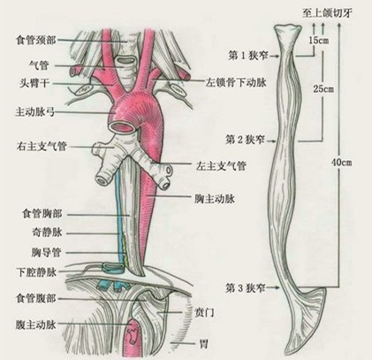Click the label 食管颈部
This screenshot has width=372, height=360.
click(x=35, y=40)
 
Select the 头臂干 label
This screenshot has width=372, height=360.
click(x=34, y=83)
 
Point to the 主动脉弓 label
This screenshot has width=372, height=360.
click(x=34, y=111)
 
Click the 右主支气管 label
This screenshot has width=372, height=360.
click(x=42, y=146)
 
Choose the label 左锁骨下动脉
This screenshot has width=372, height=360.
click(x=236, y=82)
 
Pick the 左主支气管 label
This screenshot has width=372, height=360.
click(x=221, y=166)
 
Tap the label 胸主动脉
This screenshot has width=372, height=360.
click(x=215, y=199)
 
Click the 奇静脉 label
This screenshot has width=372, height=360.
click(x=47, y=233)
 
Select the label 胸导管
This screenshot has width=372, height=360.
click(x=46, y=252)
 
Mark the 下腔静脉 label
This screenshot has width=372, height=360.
click(x=36, y=272)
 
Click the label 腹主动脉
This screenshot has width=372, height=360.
click(x=35, y=325)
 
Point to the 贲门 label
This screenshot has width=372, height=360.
click(x=205, y=313)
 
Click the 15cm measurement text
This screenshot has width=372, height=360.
click(x=319, y=41)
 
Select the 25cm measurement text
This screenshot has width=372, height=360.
click(x=323, y=88)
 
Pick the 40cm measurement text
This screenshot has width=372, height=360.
click(x=341, y=162)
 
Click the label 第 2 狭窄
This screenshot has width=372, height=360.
click(x=246, y=140)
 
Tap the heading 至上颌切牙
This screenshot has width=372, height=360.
click(x=327, y=13)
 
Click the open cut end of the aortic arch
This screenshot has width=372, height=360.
click(x=123, y=127)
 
